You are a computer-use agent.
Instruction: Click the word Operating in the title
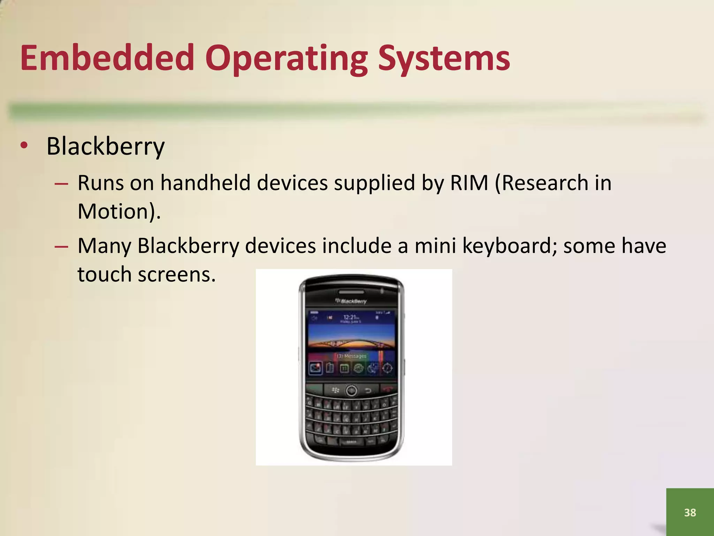[286, 59]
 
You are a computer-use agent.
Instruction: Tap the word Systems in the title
[444, 59]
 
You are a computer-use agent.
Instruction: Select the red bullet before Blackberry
[24, 146]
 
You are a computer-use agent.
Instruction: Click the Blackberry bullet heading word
[105, 146]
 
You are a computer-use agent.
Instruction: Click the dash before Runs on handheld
[61, 183]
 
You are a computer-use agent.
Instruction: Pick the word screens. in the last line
[177, 274]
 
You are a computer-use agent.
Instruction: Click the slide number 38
[690, 512]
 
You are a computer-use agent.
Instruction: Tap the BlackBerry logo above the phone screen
[351, 301]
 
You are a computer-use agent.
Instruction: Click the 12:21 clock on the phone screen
[350, 317]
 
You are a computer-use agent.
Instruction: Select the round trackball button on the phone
[351, 390]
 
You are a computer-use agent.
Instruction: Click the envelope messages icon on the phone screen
[316, 368]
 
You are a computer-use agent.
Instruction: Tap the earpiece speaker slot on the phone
[351, 291]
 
